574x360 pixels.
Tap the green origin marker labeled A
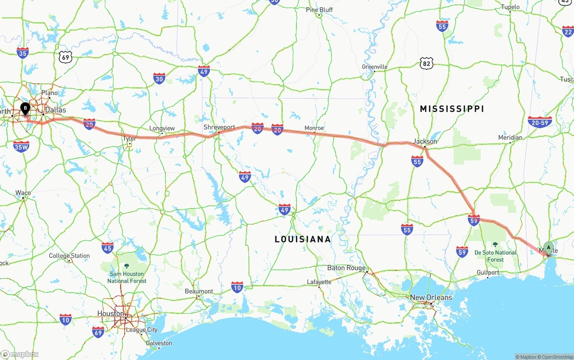(x=548, y=248)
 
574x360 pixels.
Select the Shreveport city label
(x=219, y=127)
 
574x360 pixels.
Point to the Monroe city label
(x=314, y=128)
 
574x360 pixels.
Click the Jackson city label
(x=425, y=141)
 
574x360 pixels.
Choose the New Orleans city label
(x=431, y=298)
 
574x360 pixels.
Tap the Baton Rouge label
(x=346, y=268)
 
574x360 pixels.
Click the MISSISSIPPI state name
(x=452, y=109)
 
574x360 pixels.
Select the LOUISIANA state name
(x=303, y=239)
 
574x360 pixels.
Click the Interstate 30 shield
(x=159, y=78)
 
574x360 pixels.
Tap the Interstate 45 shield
(x=108, y=248)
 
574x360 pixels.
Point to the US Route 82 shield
(x=427, y=64)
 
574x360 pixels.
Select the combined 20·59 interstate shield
(x=539, y=122)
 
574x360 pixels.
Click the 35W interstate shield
(x=21, y=146)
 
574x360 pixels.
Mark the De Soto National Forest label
(x=495, y=256)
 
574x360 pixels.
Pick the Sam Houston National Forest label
(x=126, y=277)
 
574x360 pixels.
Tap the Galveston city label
(x=159, y=343)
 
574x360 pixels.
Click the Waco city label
(x=23, y=193)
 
